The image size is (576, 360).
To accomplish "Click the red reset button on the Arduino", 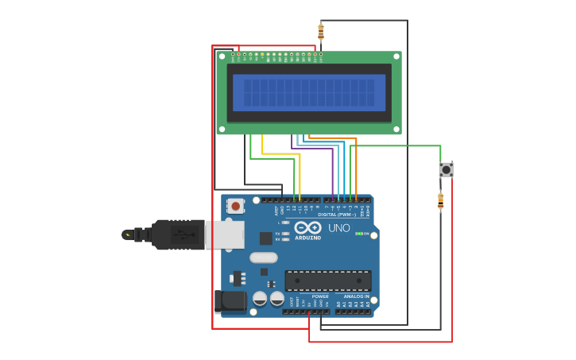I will click(x=235, y=206).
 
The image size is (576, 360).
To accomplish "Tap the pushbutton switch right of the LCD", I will click(x=446, y=169).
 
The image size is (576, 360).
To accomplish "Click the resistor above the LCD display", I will click(x=321, y=33).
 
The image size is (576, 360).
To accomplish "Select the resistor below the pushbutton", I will click(x=440, y=201).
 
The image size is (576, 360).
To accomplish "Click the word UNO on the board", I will click(x=339, y=228).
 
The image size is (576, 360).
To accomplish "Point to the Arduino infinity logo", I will click(x=307, y=227).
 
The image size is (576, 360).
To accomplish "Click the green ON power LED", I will click(x=359, y=234).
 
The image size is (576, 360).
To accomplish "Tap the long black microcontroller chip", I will click(x=327, y=281).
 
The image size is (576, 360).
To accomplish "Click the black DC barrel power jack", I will click(x=230, y=301).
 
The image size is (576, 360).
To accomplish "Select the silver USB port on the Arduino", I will click(x=225, y=234).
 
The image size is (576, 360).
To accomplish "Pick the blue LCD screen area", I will click(x=309, y=92).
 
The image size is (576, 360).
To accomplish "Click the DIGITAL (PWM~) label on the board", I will click(x=337, y=215).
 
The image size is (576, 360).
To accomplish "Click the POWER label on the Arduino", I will click(x=320, y=296).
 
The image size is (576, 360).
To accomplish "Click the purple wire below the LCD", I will click(x=333, y=171).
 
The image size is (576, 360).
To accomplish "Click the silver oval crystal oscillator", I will click(x=263, y=257).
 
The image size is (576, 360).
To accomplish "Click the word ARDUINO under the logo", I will click(x=307, y=238).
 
